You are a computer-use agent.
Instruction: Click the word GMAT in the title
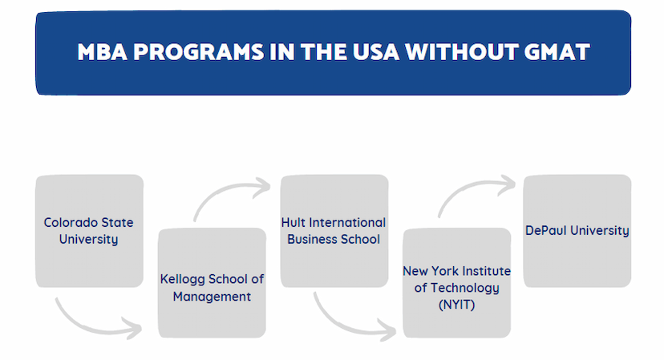click(x=557, y=52)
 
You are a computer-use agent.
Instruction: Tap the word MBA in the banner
click(x=102, y=52)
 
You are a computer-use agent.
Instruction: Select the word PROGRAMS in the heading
click(x=199, y=52)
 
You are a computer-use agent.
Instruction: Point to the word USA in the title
click(x=375, y=52)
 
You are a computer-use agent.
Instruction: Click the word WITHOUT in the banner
click(x=462, y=52)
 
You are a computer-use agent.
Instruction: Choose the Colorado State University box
click(x=89, y=231)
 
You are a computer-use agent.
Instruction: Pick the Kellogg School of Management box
click(x=212, y=283)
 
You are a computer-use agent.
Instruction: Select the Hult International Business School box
click(x=334, y=231)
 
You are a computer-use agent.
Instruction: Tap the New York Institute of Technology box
click(x=456, y=283)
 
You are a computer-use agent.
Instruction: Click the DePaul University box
click(x=577, y=231)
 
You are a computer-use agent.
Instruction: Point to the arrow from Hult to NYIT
click(x=343, y=326)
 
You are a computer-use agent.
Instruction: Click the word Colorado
click(x=71, y=222)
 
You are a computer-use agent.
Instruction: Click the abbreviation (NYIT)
click(x=456, y=305)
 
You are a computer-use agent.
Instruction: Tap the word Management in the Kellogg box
click(x=212, y=297)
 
